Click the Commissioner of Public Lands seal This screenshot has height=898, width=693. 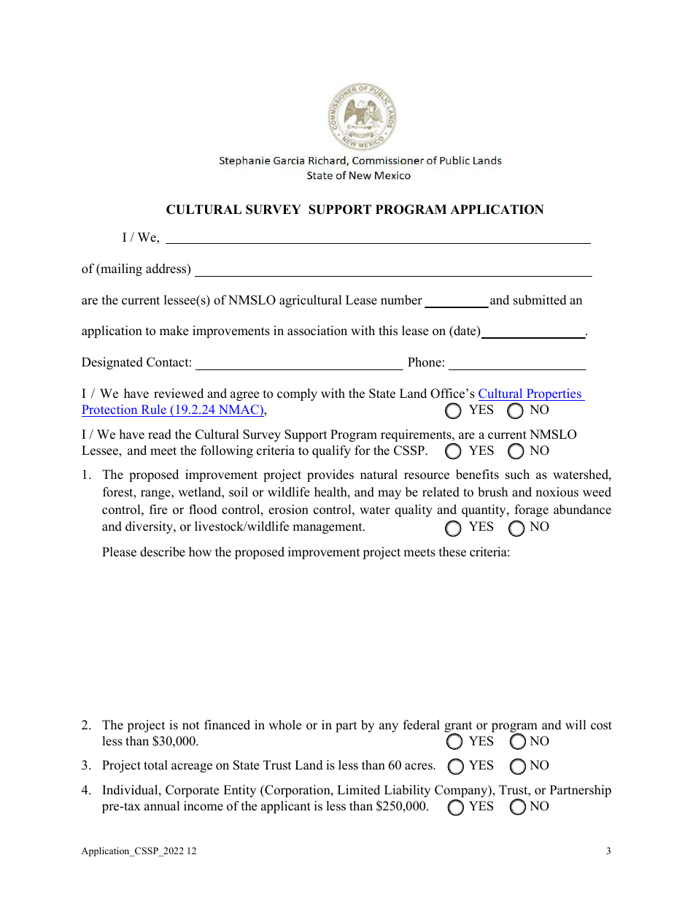361,115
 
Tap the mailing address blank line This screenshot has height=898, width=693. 393,271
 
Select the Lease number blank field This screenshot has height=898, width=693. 457,302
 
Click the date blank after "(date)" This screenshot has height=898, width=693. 534,333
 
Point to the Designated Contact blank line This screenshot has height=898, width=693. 299,364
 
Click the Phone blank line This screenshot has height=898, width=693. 517,364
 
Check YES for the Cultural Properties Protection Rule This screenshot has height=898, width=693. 454,411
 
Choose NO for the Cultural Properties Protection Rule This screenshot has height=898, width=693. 516,411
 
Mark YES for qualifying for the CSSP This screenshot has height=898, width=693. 454,452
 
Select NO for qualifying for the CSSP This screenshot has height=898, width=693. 516,452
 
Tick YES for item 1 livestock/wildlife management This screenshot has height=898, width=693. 454,528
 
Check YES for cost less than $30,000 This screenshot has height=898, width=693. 454,742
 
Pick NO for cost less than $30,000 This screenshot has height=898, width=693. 518,742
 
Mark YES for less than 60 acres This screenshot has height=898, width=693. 455,767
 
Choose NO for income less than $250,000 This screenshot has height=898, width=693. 518,807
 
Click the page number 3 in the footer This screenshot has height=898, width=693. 608,851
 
